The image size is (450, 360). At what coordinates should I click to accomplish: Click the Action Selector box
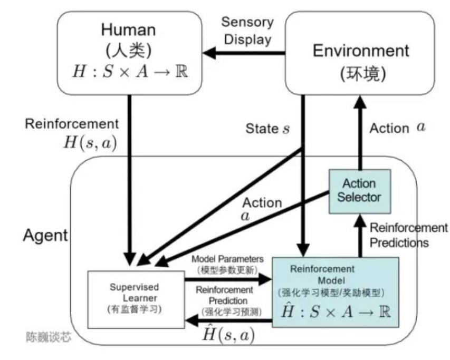point(360,191)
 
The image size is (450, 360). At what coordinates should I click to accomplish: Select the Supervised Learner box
point(136,299)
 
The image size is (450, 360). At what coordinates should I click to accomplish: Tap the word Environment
point(361,51)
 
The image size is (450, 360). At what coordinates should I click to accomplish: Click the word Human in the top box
point(129,30)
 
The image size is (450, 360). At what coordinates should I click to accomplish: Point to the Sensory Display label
point(247,31)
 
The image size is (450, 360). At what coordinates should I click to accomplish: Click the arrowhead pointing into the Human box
point(209,53)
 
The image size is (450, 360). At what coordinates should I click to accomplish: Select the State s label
point(267,129)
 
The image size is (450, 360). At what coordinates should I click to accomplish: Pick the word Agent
point(45,236)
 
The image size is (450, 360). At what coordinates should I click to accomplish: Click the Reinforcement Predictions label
point(408,235)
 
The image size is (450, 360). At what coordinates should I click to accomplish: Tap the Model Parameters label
point(227,259)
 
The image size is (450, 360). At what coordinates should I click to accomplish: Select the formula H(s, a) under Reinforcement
point(90,142)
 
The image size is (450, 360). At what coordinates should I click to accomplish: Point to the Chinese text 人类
point(129,51)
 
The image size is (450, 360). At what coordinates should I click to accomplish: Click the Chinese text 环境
point(363,74)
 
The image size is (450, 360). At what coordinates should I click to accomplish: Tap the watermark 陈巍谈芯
point(49,337)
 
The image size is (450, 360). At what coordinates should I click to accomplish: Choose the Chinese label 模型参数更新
point(227,270)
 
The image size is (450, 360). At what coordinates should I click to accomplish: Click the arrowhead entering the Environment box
point(360,102)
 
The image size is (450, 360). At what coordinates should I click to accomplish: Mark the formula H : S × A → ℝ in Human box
point(130,71)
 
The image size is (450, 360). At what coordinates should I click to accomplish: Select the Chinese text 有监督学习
point(135,309)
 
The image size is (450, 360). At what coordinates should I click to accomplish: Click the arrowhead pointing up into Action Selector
point(360,220)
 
